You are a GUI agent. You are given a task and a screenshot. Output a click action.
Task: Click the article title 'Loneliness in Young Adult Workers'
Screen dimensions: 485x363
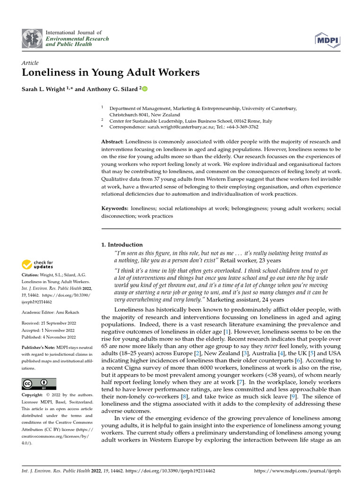click(111, 72)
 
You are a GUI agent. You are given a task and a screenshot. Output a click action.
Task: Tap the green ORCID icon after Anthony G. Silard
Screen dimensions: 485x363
click(145, 89)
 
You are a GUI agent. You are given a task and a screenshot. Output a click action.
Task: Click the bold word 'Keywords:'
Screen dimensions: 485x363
click(115, 208)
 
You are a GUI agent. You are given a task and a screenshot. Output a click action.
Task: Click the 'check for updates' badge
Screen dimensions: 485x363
click(38, 265)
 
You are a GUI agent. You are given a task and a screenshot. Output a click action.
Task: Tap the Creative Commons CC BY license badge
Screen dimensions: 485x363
click(39, 384)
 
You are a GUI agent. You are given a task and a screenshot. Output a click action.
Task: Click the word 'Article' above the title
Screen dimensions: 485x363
click(30, 63)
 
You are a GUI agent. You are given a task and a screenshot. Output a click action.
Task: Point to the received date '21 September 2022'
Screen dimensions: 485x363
click(59, 323)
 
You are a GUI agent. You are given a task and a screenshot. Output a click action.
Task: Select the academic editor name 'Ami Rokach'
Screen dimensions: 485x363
click(69, 312)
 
